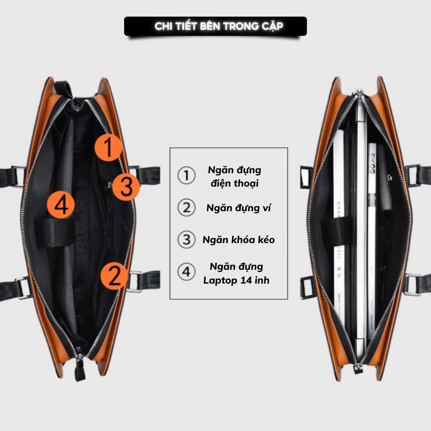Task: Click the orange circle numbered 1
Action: (109, 147)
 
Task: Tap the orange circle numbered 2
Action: (115, 276)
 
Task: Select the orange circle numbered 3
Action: (126, 187)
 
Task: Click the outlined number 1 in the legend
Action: (186, 176)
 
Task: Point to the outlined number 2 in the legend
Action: (186, 208)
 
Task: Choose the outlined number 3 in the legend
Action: (186, 240)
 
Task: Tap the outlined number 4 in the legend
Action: (186, 272)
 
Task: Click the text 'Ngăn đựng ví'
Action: (239, 208)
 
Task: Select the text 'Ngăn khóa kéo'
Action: (238, 240)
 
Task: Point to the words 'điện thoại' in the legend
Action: (235, 183)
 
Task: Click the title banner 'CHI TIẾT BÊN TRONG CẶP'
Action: (215, 26)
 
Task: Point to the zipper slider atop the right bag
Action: (357, 94)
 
